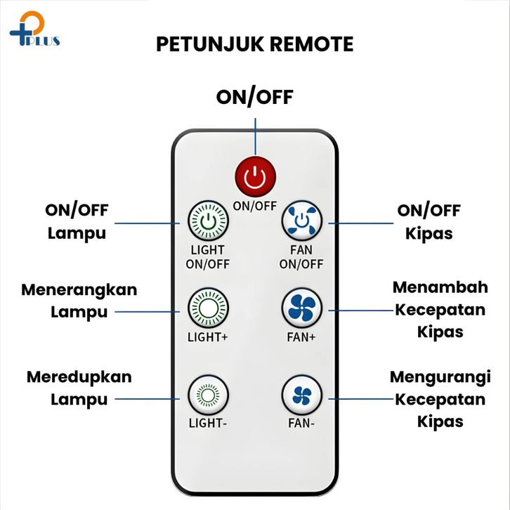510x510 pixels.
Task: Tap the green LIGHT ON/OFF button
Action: tap(207, 222)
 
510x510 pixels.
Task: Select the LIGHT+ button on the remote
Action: tap(207, 308)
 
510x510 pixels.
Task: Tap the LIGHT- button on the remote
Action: tap(207, 395)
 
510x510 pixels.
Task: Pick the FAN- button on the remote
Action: tap(301, 395)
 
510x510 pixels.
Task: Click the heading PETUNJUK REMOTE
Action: tap(254, 44)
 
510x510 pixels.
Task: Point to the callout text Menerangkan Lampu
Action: tap(79, 301)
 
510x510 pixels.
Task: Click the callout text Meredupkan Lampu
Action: tap(79, 388)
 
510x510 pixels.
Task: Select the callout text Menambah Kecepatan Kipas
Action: tap(438, 309)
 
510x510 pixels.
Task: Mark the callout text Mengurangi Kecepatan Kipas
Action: tap(440, 398)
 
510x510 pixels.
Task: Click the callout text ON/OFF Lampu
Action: tap(77, 221)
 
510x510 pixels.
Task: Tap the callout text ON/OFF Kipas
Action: tap(429, 221)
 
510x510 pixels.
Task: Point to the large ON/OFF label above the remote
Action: tap(254, 97)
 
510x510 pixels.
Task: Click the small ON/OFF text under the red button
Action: tap(254, 206)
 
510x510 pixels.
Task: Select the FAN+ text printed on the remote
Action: tap(301, 336)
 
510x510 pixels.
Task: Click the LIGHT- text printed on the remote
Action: tap(207, 424)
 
